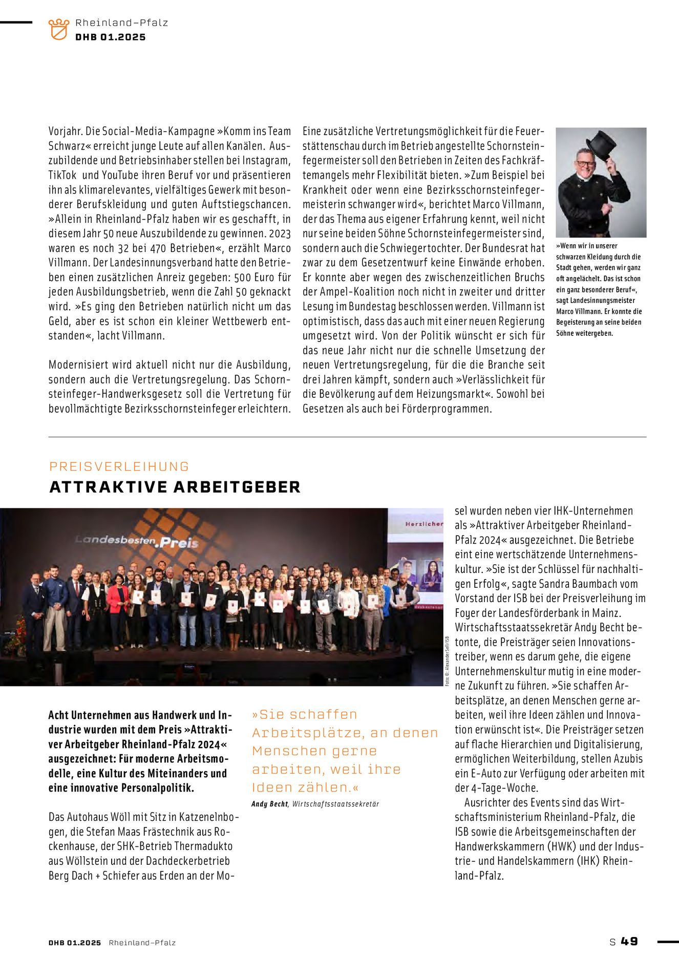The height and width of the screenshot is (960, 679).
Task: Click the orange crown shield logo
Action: (x=59, y=29)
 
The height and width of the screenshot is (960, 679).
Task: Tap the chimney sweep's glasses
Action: (x=585, y=164)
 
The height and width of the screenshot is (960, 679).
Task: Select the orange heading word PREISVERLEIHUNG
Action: (x=119, y=466)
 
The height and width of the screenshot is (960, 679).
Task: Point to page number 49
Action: (x=629, y=941)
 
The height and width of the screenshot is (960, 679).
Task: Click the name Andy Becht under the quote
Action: (x=270, y=804)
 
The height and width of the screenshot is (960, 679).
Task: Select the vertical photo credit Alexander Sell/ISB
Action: (x=447, y=661)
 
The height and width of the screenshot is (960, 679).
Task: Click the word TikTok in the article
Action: (x=62, y=175)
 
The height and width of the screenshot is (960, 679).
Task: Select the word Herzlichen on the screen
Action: (x=423, y=524)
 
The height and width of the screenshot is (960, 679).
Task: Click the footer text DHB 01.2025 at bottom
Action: (x=75, y=943)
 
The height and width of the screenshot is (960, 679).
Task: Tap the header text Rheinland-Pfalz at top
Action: (x=122, y=23)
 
